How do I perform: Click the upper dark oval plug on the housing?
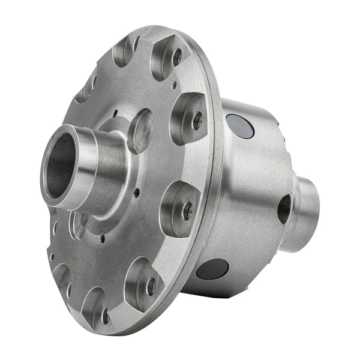(x=240, y=126)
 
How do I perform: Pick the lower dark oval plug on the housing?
(x=213, y=269)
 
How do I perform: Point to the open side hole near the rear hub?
(x=283, y=208)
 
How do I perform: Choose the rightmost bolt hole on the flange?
(x=197, y=121)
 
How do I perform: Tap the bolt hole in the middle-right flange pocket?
(x=187, y=210)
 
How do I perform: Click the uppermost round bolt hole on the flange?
(x=177, y=57)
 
